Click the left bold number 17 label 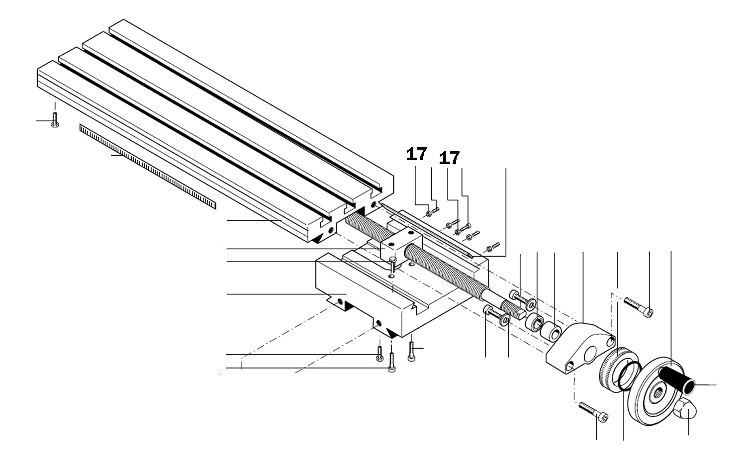click(416, 154)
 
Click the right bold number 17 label click(449, 158)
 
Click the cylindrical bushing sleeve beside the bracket click(551, 332)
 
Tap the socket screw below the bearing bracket click(593, 412)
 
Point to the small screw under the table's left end click(55, 120)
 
